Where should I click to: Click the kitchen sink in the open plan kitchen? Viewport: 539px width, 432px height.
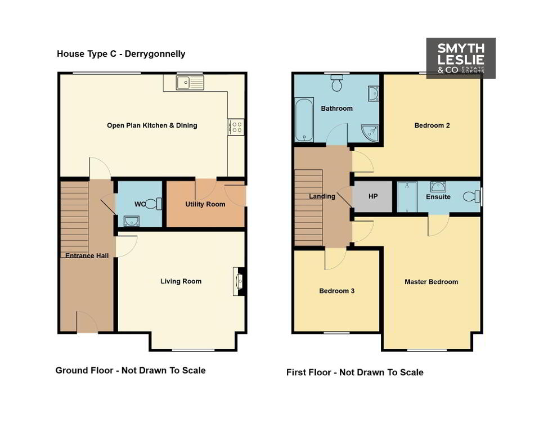190,83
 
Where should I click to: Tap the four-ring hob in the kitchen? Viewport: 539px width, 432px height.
236,127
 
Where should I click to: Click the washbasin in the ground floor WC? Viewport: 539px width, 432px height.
131,221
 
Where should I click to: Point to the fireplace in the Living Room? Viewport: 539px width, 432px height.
239,281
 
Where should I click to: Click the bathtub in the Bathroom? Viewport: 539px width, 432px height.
304,120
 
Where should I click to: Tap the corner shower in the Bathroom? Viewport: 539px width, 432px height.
370,133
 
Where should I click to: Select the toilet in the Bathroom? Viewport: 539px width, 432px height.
337,83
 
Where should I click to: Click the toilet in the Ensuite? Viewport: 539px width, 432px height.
471,196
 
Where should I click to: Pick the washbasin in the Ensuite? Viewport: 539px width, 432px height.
438,187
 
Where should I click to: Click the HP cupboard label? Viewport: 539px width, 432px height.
373,196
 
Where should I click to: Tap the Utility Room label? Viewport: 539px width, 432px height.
205,204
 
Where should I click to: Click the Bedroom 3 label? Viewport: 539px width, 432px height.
337,291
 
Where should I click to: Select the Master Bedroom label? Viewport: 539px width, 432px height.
432,282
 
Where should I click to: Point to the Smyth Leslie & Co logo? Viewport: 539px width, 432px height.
461,58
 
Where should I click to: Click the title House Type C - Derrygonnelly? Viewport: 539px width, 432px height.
121,54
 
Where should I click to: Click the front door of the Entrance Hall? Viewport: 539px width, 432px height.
87,322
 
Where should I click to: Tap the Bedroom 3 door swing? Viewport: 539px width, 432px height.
335,258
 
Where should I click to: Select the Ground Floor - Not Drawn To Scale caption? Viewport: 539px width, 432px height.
131,371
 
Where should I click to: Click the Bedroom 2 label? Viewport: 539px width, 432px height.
432,125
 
